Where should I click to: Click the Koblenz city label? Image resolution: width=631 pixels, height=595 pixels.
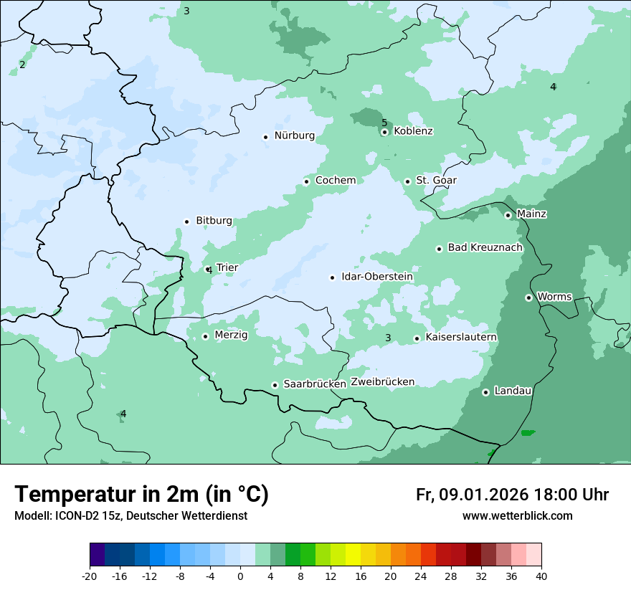tap(413, 131)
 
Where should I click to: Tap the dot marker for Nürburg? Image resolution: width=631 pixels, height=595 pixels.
tap(265, 136)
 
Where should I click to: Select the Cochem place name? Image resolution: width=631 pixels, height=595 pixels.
tap(336, 181)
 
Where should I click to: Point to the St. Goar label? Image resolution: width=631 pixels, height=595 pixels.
tap(436, 181)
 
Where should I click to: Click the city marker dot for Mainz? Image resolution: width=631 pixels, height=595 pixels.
tap(508, 215)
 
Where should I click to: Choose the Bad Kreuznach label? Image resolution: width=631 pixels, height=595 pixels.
tap(485, 248)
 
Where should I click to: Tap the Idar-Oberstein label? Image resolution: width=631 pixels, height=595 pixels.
tap(377, 277)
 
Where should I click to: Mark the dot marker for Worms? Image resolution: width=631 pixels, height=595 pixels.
tap(528, 297)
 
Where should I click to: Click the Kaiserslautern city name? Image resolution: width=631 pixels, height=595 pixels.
tap(461, 338)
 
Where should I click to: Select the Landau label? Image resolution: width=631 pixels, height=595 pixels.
tap(513, 391)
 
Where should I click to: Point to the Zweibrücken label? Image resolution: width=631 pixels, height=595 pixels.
tap(382, 382)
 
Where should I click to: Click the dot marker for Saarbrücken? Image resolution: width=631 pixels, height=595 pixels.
tap(275, 385)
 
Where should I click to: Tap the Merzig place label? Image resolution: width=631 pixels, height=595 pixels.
tap(231, 335)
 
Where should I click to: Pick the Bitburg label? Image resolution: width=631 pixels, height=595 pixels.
tap(214, 221)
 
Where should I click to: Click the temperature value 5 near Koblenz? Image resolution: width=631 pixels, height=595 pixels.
tap(384, 123)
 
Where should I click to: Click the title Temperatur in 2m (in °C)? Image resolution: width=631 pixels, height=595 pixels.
tap(142, 494)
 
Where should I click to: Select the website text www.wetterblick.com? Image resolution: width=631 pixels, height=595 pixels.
tap(517, 516)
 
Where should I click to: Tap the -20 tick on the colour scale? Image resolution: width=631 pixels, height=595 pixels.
tap(90, 576)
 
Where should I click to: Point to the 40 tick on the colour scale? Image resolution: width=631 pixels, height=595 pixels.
tap(541, 576)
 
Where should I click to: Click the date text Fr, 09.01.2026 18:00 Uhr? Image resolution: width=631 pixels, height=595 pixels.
tap(512, 495)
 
